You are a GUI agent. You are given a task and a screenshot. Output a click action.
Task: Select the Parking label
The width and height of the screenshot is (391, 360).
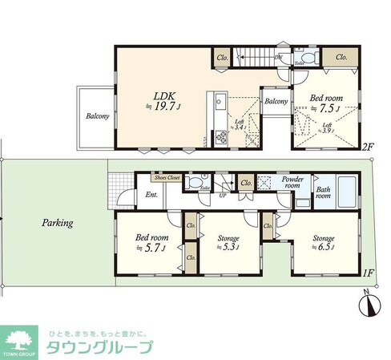pyautogui.click(x=58, y=223)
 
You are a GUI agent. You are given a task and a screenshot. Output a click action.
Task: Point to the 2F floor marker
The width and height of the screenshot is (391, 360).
pyautogui.click(x=367, y=147)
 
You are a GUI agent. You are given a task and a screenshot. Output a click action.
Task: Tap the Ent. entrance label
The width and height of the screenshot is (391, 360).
pyautogui.click(x=151, y=195)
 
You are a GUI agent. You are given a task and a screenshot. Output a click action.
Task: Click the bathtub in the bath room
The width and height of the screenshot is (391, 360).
pyautogui.click(x=350, y=192)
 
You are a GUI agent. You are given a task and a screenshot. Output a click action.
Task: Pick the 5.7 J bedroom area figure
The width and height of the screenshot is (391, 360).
pyautogui.click(x=151, y=248)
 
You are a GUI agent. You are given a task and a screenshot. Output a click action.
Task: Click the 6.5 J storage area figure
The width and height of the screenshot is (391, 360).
pyautogui.click(x=322, y=248)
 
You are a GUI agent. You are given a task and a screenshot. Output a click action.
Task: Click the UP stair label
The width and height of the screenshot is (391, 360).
pyautogui.click(x=223, y=195)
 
